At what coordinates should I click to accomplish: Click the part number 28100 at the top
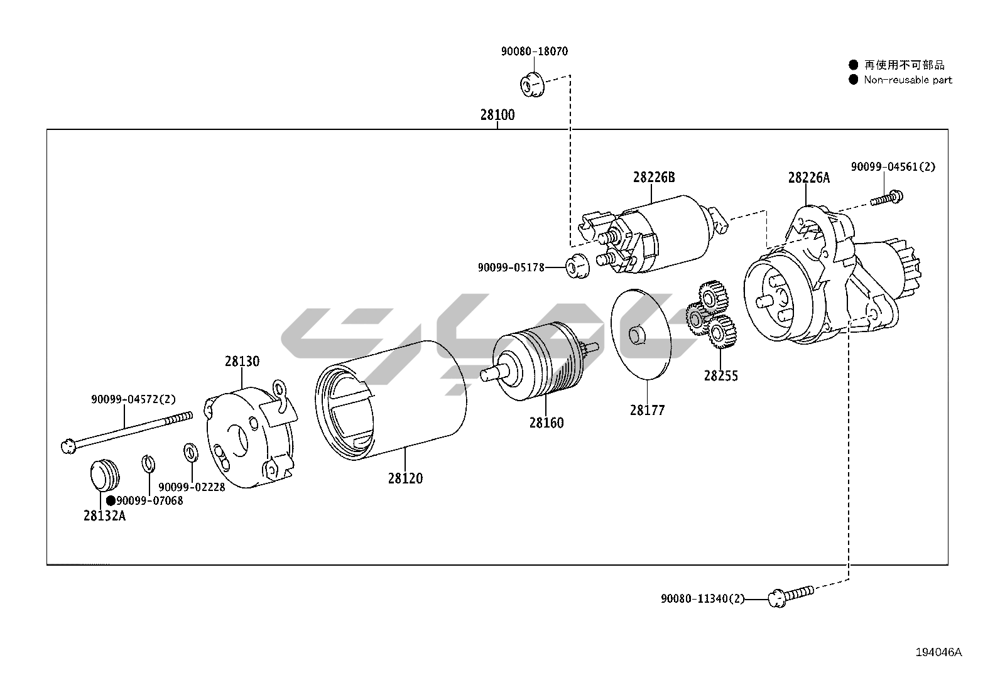[497, 115]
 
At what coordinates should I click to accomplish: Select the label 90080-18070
[534, 51]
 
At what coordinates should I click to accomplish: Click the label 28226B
[653, 178]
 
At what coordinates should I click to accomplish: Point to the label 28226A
[808, 178]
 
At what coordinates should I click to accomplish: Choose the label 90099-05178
[511, 267]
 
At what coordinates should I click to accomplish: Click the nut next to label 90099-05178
[576, 266]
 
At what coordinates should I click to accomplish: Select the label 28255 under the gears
[720, 376]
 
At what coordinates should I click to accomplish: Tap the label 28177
[647, 411]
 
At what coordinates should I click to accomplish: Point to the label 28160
[546, 423]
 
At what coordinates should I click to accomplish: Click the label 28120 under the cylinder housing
[405, 478]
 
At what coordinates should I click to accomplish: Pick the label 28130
[242, 362]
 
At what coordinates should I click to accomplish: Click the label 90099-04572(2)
[133, 399]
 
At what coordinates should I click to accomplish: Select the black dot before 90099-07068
[111, 500]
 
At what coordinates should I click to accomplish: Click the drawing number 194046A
[938, 652]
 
